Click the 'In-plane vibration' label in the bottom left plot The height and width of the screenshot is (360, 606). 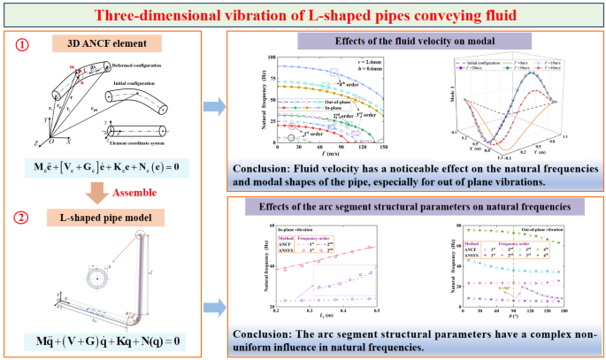(x=293, y=228)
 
